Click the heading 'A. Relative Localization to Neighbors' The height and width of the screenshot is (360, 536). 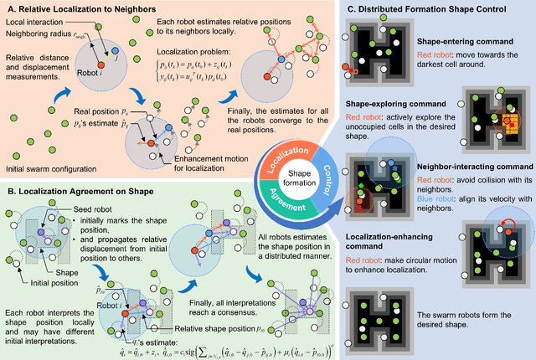click(x=76, y=8)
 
